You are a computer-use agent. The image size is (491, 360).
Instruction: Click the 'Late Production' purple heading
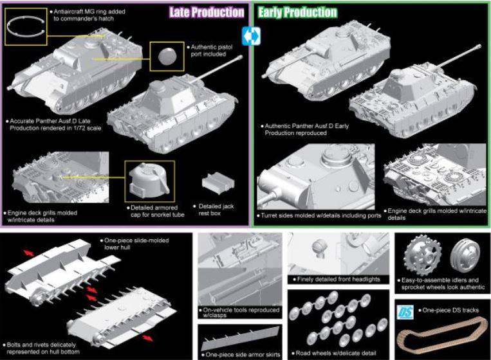point(207,12)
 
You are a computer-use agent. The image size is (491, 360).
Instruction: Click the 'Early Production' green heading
point(297,12)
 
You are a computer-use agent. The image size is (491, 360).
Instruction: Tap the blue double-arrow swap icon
point(251,36)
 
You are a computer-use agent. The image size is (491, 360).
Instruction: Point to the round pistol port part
point(167,57)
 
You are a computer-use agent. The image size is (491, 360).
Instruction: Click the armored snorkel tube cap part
point(149,181)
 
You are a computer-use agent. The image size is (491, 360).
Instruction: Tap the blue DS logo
point(405,312)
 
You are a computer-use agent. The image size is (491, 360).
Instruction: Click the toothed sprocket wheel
point(422,256)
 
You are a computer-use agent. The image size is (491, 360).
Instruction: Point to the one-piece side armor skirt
point(241,338)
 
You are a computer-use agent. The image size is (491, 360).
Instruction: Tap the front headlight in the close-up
point(320,247)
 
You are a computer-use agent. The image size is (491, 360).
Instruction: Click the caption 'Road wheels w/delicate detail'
point(334,353)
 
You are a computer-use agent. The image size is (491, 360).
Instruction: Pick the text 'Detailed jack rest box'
point(214,210)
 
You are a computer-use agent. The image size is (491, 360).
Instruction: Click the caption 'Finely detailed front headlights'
point(337,279)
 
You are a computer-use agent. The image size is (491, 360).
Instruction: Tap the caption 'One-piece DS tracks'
point(449,310)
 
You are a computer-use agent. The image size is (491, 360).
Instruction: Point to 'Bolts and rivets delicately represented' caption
point(41,348)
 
